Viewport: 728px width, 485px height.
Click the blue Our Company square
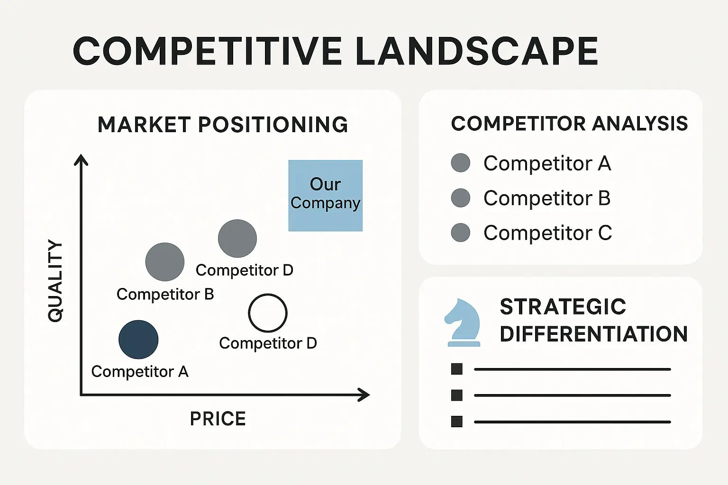[x=326, y=196]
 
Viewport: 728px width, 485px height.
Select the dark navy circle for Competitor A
[x=138, y=340]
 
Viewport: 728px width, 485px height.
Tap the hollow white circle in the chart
[x=268, y=313]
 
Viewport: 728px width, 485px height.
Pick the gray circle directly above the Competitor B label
[x=165, y=262]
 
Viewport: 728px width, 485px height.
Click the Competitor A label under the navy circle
[x=140, y=372]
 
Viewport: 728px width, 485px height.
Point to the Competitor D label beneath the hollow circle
[x=268, y=343]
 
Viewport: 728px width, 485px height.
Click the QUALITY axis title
[x=55, y=281]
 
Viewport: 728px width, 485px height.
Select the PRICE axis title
[x=218, y=419]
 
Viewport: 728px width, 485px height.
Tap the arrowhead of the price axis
[x=364, y=395]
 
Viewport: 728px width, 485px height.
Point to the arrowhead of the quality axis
[x=81, y=160]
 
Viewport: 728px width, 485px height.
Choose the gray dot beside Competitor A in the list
[x=461, y=163]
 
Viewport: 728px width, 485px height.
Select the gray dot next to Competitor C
[x=461, y=233]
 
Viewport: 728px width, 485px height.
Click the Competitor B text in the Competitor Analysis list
[x=547, y=198]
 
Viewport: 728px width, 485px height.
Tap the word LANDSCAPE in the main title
[x=476, y=51]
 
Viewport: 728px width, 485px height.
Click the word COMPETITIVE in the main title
[x=207, y=51]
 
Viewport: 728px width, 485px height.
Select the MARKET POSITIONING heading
[x=223, y=125]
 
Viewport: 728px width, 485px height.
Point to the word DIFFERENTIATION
[x=593, y=334]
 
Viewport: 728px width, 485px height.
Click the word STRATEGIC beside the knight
[x=563, y=307]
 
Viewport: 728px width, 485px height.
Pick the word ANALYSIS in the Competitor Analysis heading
[x=640, y=124]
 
